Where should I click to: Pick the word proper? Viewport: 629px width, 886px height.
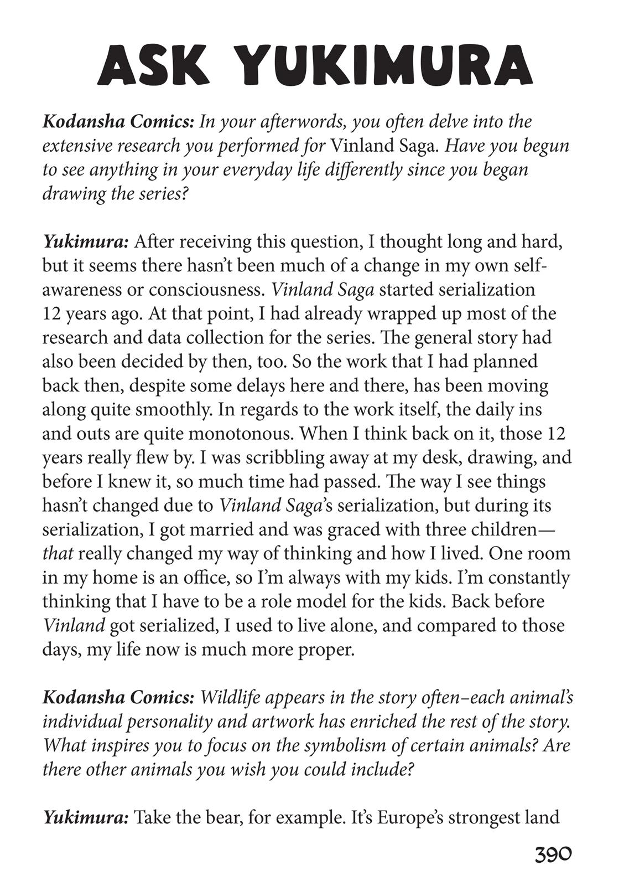326,649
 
